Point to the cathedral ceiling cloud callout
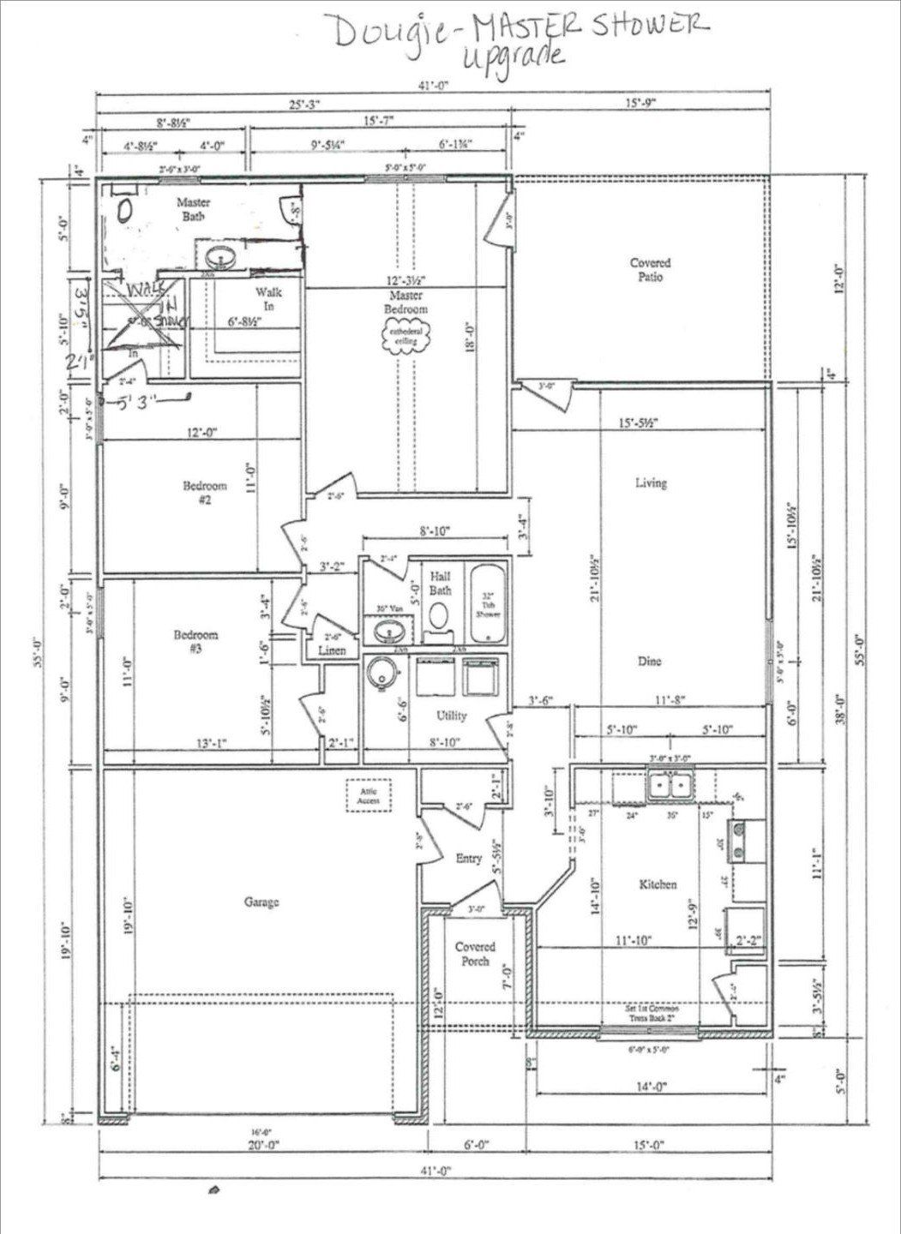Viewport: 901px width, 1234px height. [405, 335]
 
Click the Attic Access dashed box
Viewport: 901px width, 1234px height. [368, 795]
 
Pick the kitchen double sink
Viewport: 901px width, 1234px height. [671, 785]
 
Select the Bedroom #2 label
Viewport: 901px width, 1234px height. [205, 493]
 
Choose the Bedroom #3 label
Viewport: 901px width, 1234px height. [195, 641]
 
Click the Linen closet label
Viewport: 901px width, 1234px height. [331, 651]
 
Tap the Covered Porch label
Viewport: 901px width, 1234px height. [475, 954]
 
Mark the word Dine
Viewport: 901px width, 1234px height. [649, 662]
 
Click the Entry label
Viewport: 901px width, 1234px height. [467, 858]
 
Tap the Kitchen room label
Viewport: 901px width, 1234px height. [658, 884]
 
